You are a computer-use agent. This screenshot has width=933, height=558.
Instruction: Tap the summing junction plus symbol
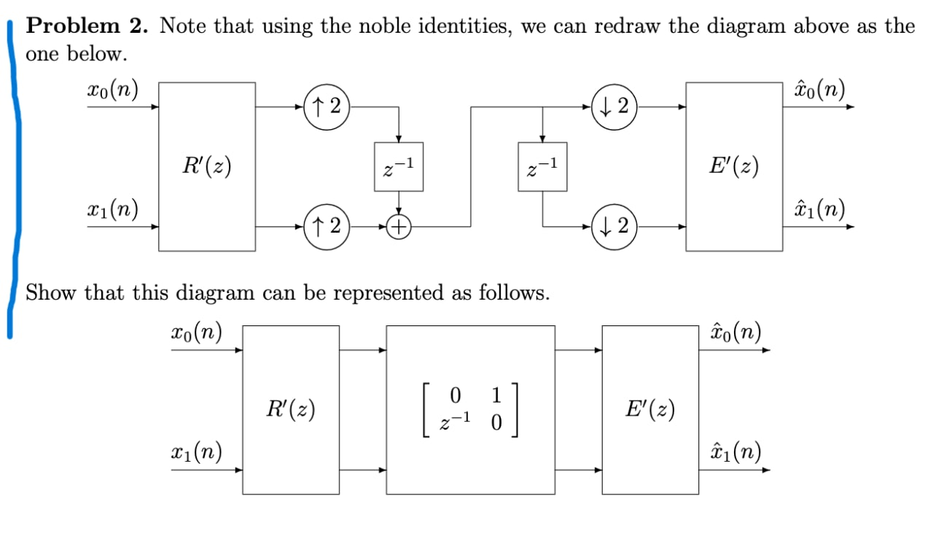[398, 227]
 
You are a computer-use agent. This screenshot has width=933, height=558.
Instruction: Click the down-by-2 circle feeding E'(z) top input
[614, 106]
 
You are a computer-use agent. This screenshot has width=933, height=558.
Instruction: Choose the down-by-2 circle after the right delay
[614, 227]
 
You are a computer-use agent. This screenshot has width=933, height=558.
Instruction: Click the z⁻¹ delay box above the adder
[398, 167]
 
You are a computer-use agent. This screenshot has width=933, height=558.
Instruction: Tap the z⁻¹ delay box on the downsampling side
[542, 167]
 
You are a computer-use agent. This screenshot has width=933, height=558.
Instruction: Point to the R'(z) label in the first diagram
[207, 167]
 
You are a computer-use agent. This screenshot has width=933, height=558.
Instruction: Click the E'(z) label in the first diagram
[734, 167]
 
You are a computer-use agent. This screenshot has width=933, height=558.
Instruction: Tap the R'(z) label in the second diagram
[291, 410]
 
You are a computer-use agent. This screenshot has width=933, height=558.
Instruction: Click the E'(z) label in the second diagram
[650, 410]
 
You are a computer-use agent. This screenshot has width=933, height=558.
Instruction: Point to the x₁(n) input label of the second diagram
[197, 452]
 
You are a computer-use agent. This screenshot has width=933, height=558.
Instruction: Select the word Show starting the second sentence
[51, 293]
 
